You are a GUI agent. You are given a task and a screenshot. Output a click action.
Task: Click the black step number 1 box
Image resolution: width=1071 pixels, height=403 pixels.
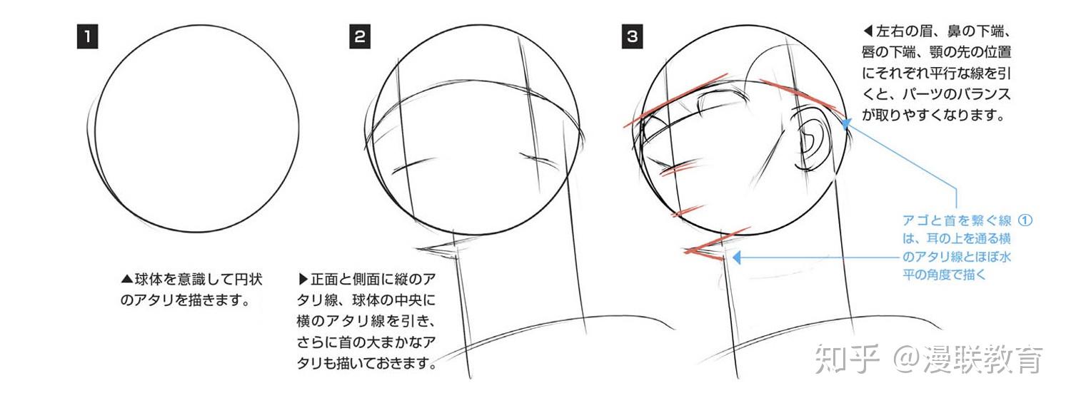coord(88,37)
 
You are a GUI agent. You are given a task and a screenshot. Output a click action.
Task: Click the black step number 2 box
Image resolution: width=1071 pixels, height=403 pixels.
coord(360,37)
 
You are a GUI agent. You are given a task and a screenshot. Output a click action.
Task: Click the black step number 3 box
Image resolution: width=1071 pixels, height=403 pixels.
coord(632,37)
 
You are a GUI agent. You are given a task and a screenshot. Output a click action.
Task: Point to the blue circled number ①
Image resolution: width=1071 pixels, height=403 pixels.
coord(1025,220)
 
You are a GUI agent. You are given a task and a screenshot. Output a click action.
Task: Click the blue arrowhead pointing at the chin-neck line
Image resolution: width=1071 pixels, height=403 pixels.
coord(737,257)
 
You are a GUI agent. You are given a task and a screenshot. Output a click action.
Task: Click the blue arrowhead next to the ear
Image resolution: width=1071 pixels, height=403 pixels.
coord(846,124)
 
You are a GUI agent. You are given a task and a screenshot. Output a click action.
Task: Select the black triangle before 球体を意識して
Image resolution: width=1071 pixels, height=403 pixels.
coord(126,279)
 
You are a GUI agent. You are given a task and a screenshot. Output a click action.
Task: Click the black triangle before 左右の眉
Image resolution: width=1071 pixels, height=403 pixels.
coord(868,31)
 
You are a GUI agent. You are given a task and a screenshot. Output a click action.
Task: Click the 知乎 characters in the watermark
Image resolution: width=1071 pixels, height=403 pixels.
coord(847,359)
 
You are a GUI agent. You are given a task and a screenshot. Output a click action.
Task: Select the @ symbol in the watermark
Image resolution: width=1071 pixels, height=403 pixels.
coord(907,359)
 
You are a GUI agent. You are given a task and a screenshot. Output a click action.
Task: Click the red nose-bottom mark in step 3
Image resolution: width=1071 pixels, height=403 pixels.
coord(679,168)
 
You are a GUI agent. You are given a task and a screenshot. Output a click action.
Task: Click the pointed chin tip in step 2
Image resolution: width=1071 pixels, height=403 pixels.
coord(417,248)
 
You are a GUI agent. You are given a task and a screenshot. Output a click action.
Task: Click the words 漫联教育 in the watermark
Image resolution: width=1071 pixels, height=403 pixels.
coord(983,359)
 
